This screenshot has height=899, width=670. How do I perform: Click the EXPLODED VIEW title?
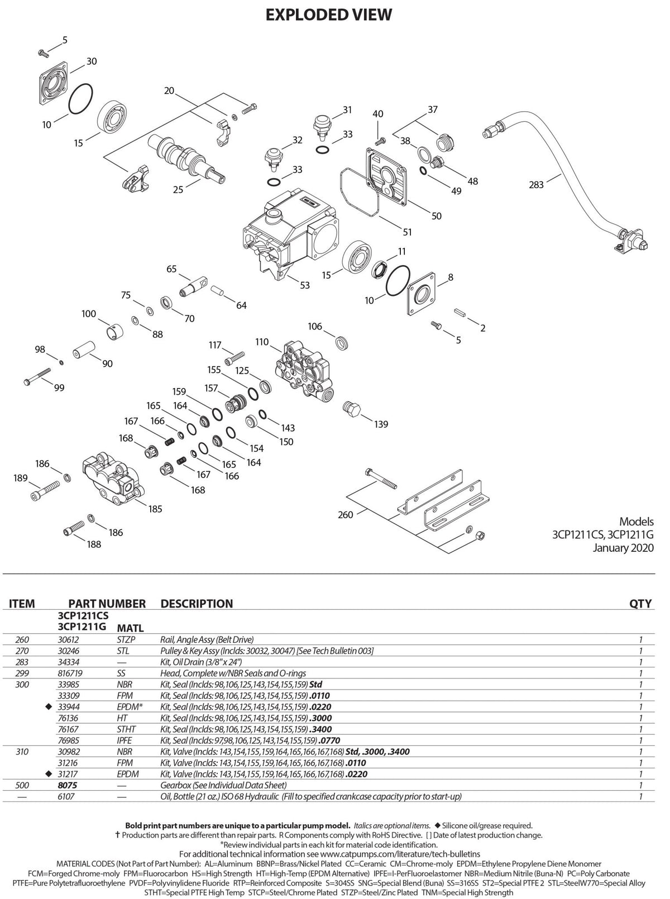(328, 15)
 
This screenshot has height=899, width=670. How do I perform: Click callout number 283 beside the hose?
(535, 185)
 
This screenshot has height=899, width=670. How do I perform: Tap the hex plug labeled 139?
(351, 409)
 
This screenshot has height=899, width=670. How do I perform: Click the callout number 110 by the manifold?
(262, 342)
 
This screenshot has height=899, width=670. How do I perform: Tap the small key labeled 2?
(460, 313)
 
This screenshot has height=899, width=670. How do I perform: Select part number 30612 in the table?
(68, 639)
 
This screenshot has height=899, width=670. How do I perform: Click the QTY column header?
(640, 604)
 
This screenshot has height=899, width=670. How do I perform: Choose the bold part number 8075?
(67, 785)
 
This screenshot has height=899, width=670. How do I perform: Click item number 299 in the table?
(22, 673)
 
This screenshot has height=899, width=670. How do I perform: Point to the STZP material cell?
(126, 639)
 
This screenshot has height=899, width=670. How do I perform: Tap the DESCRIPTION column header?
(197, 604)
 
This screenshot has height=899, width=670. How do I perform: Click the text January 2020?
(623, 548)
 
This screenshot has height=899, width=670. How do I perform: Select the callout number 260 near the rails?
(345, 514)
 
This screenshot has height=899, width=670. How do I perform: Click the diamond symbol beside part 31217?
(49, 774)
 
